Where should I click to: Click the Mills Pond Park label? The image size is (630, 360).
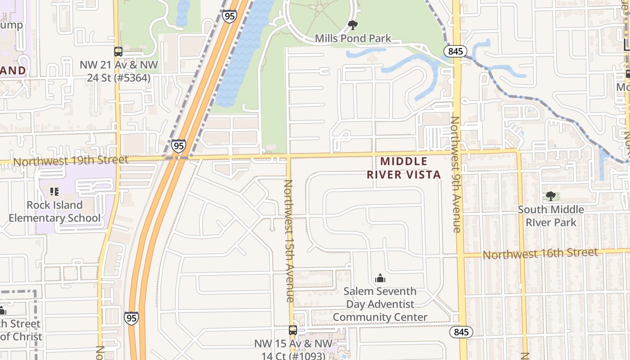coord(353,39)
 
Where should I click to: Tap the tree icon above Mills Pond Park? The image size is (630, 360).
coord(353,25)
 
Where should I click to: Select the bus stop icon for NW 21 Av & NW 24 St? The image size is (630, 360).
coord(118,52)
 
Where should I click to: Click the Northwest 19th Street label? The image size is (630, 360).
coord(71,160)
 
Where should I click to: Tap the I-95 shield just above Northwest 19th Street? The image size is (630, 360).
coord(179,146)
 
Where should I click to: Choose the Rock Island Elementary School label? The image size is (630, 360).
coord(54,211)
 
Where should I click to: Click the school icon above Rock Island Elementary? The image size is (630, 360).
coord(54,192)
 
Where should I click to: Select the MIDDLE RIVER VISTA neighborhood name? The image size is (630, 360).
coord(404,168)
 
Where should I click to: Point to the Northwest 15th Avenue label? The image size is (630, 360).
coord(289,241)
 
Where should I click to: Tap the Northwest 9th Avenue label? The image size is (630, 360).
coord(456,174)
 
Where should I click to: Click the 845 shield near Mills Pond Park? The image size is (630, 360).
coord(455,51)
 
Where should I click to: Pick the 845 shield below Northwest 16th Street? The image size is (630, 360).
coord(461,333)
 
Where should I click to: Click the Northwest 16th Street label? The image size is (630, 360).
coord(540,253)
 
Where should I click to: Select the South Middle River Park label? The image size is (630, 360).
coord(551,216)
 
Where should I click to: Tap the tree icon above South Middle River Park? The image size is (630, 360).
coord(550,196)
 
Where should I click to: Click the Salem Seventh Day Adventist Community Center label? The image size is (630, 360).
coord(380,304)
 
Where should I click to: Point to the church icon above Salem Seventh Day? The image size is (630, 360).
coord(380,278)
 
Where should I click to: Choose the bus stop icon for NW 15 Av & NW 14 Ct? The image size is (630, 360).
coord(293,330)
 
